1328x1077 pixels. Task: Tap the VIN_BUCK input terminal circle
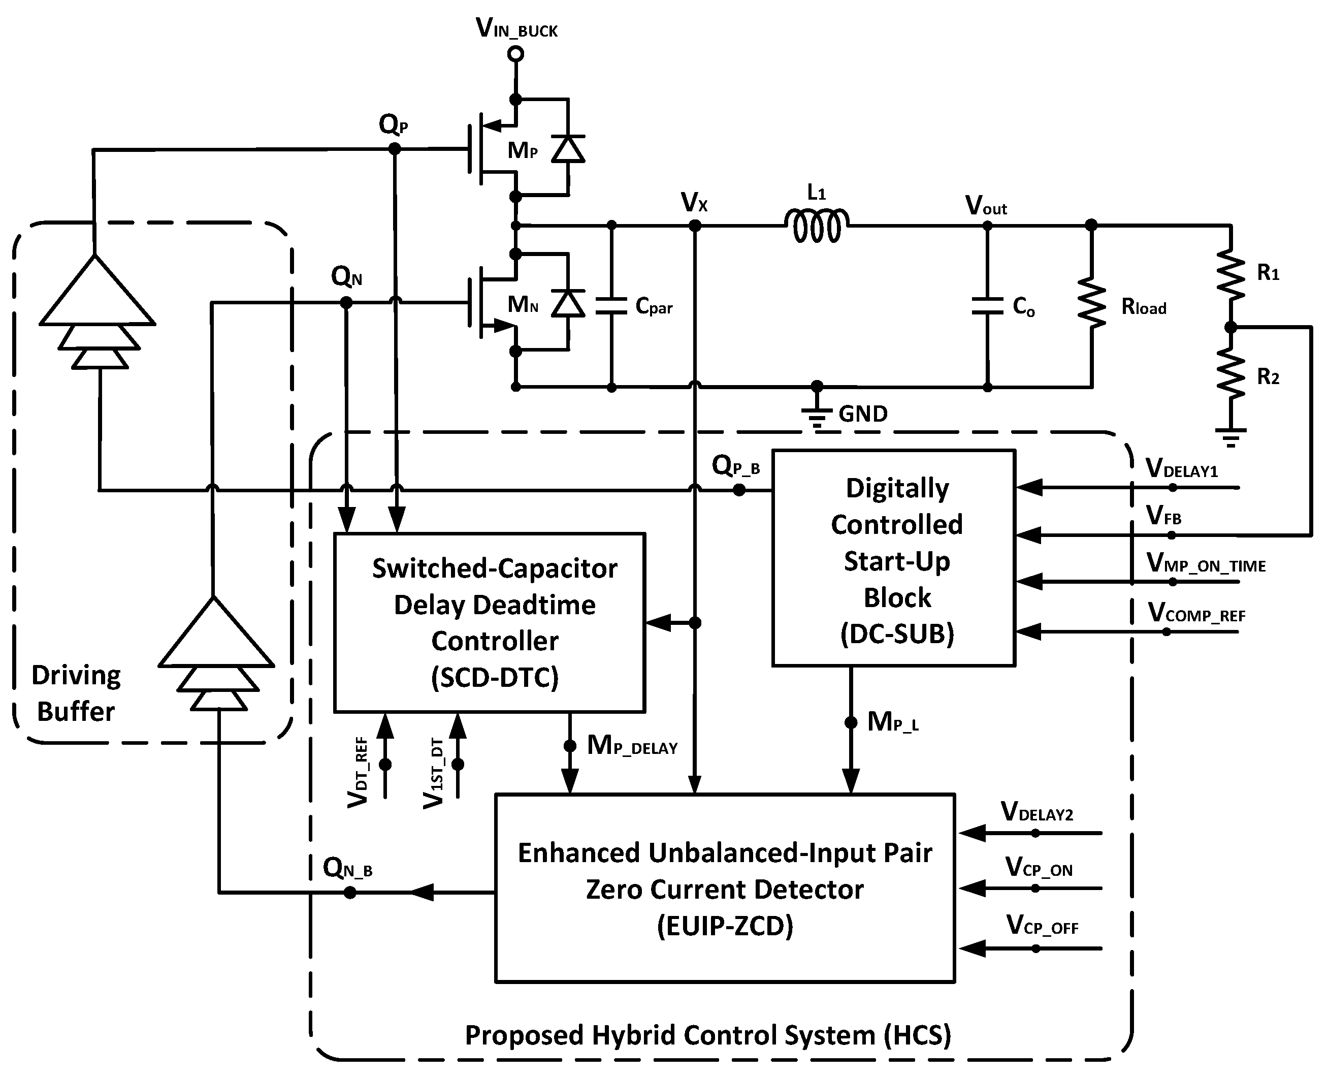point(515,54)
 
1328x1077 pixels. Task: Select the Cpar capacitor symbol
point(611,306)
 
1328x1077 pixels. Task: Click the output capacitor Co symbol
point(987,306)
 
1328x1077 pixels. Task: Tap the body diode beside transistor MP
point(568,149)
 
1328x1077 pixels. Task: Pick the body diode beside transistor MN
point(568,303)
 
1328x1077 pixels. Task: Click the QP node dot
point(395,149)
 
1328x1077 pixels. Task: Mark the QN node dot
point(346,303)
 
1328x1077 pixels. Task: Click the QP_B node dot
point(739,490)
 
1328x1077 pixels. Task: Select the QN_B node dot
point(350,893)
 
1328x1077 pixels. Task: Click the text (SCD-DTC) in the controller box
point(494,678)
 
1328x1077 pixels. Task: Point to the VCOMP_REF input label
point(1196,614)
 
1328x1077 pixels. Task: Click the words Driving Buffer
point(76,693)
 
